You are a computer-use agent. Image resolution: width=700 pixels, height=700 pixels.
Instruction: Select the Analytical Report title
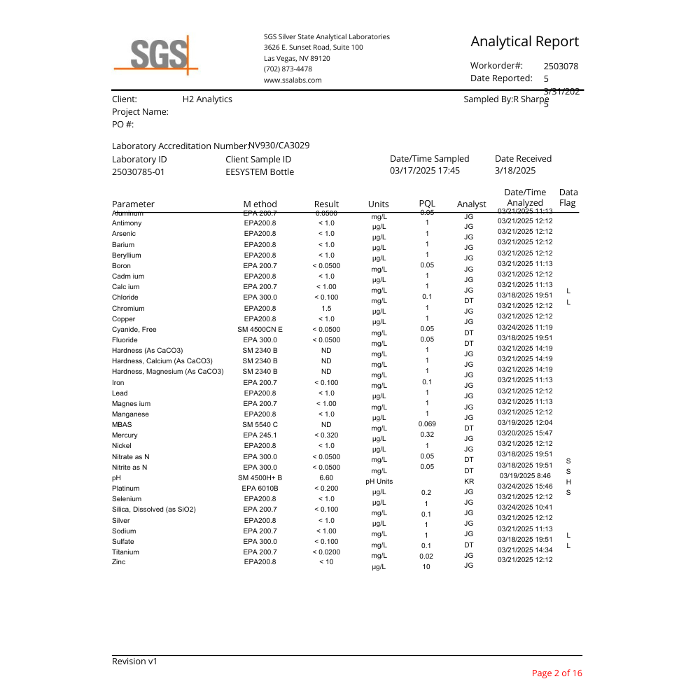point(524,41)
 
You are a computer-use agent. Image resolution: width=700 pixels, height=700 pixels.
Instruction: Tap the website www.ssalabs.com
point(293,80)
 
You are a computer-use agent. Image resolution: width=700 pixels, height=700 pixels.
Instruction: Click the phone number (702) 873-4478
point(288,69)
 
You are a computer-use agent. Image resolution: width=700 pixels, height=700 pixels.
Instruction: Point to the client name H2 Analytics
point(207,99)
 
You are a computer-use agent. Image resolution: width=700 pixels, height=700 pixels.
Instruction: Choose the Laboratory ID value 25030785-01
point(139,171)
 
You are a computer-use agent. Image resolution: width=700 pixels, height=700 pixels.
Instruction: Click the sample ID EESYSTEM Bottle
point(260,171)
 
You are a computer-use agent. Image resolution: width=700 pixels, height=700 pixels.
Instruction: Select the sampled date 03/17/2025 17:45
point(425,170)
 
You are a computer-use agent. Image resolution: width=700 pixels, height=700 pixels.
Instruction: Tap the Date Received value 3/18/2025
point(515,170)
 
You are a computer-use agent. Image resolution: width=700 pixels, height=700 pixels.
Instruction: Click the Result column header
point(326,204)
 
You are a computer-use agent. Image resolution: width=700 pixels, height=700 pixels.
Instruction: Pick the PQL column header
point(426,204)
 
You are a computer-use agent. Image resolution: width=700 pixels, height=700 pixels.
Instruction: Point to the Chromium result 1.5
point(326,308)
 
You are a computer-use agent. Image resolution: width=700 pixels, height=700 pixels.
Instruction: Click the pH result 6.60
point(326,478)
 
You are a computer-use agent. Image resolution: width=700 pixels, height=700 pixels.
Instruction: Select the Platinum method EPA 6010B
point(260,489)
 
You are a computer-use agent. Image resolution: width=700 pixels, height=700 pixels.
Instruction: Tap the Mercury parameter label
point(125,435)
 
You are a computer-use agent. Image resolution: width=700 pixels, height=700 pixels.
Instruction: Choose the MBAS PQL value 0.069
point(427,424)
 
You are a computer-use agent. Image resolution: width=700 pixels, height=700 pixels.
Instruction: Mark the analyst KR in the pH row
point(469,482)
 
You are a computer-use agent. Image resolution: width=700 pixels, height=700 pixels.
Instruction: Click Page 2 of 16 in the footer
point(556,673)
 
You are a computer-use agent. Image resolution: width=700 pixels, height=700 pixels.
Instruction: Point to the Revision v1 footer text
point(135,661)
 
